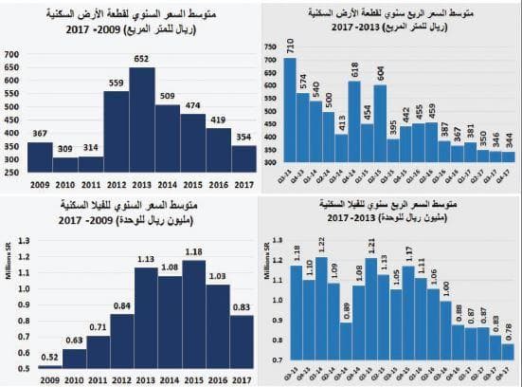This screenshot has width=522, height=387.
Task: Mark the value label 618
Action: tap(383, 69)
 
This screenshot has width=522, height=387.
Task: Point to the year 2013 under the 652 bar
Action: tap(142, 183)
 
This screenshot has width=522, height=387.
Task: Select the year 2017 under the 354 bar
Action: tap(244, 183)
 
